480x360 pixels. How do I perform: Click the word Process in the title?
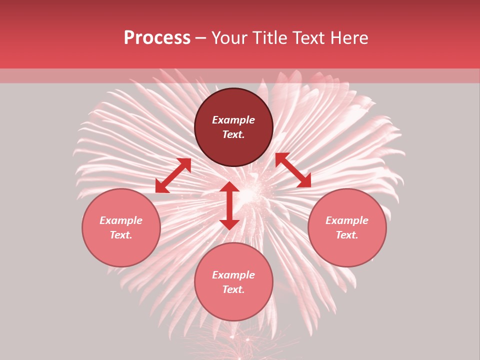coord(157,38)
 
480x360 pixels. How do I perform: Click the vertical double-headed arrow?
coord(229,205)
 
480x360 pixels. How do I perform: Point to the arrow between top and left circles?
coord(173,175)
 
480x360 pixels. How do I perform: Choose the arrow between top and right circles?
coord(293,170)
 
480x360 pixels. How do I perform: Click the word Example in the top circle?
coord(233,120)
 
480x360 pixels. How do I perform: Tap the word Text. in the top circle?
coord(233,134)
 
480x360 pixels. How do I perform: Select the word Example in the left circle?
coord(121,220)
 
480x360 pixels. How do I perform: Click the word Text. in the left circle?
coord(121,235)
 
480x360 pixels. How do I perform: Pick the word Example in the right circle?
coord(347,220)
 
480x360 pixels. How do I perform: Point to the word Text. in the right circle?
coord(347,235)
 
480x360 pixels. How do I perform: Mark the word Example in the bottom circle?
coord(233,275)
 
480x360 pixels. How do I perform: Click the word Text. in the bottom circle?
coord(233,289)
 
